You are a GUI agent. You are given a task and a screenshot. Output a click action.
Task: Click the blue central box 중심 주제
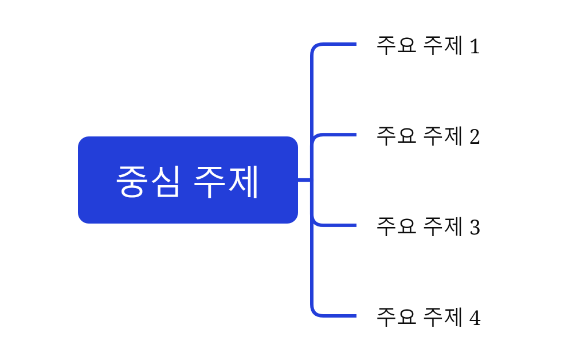[x=187, y=179]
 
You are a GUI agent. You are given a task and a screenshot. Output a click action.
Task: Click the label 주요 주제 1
[x=428, y=45]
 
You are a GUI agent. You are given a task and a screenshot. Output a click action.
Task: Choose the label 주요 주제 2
[x=428, y=136]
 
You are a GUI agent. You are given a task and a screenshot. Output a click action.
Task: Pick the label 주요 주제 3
[x=428, y=226]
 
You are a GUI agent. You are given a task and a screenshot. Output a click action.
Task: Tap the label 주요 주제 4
[x=428, y=317]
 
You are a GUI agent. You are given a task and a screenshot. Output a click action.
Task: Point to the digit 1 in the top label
[x=475, y=46]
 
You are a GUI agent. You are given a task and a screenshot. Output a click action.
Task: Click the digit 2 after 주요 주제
[x=475, y=136]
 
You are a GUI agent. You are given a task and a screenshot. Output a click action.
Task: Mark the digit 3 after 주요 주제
[x=475, y=227]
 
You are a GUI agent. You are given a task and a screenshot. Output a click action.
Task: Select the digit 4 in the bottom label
[x=475, y=318]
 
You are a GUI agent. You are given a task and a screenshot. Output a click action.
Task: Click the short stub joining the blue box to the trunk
[x=304, y=180]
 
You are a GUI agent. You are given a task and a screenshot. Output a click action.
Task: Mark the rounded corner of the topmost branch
[x=315, y=47]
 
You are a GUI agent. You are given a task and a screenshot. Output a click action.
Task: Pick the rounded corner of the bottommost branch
[x=315, y=312]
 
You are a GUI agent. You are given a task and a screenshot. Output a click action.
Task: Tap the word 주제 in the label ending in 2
[x=442, y=136]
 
